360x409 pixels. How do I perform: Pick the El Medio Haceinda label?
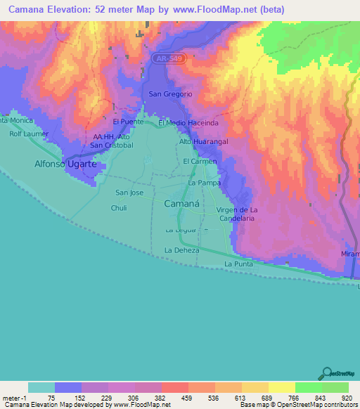tap(188, 123)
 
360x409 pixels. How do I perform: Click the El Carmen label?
tap(200, 162)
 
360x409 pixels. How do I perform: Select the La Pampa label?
tap(205, 183)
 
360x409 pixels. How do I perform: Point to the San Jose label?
tap(129, 193)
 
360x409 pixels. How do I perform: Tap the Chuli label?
tap(119, 208)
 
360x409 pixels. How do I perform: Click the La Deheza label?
tap(182, 250)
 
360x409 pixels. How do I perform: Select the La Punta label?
tap(238, 264)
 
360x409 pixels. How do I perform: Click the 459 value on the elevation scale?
tap(188, 397)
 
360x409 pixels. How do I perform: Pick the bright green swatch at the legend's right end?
tap(335, 387)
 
